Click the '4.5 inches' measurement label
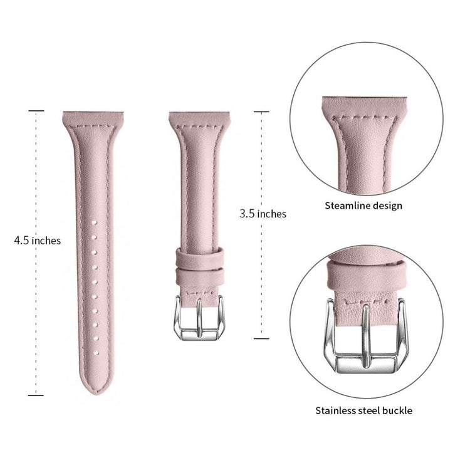tap(38, 240)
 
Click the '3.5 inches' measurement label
tap(263, 214)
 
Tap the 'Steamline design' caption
tap(363, 206)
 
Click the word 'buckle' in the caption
tap(399, 411)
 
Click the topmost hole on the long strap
tap(91, 222)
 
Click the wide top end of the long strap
tap(91, 119)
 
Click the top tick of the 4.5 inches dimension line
tap(36, 111)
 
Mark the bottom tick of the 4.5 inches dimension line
tap(36, 395)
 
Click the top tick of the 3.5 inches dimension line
tap(261, 112)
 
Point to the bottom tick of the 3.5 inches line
tap(261, 339)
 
